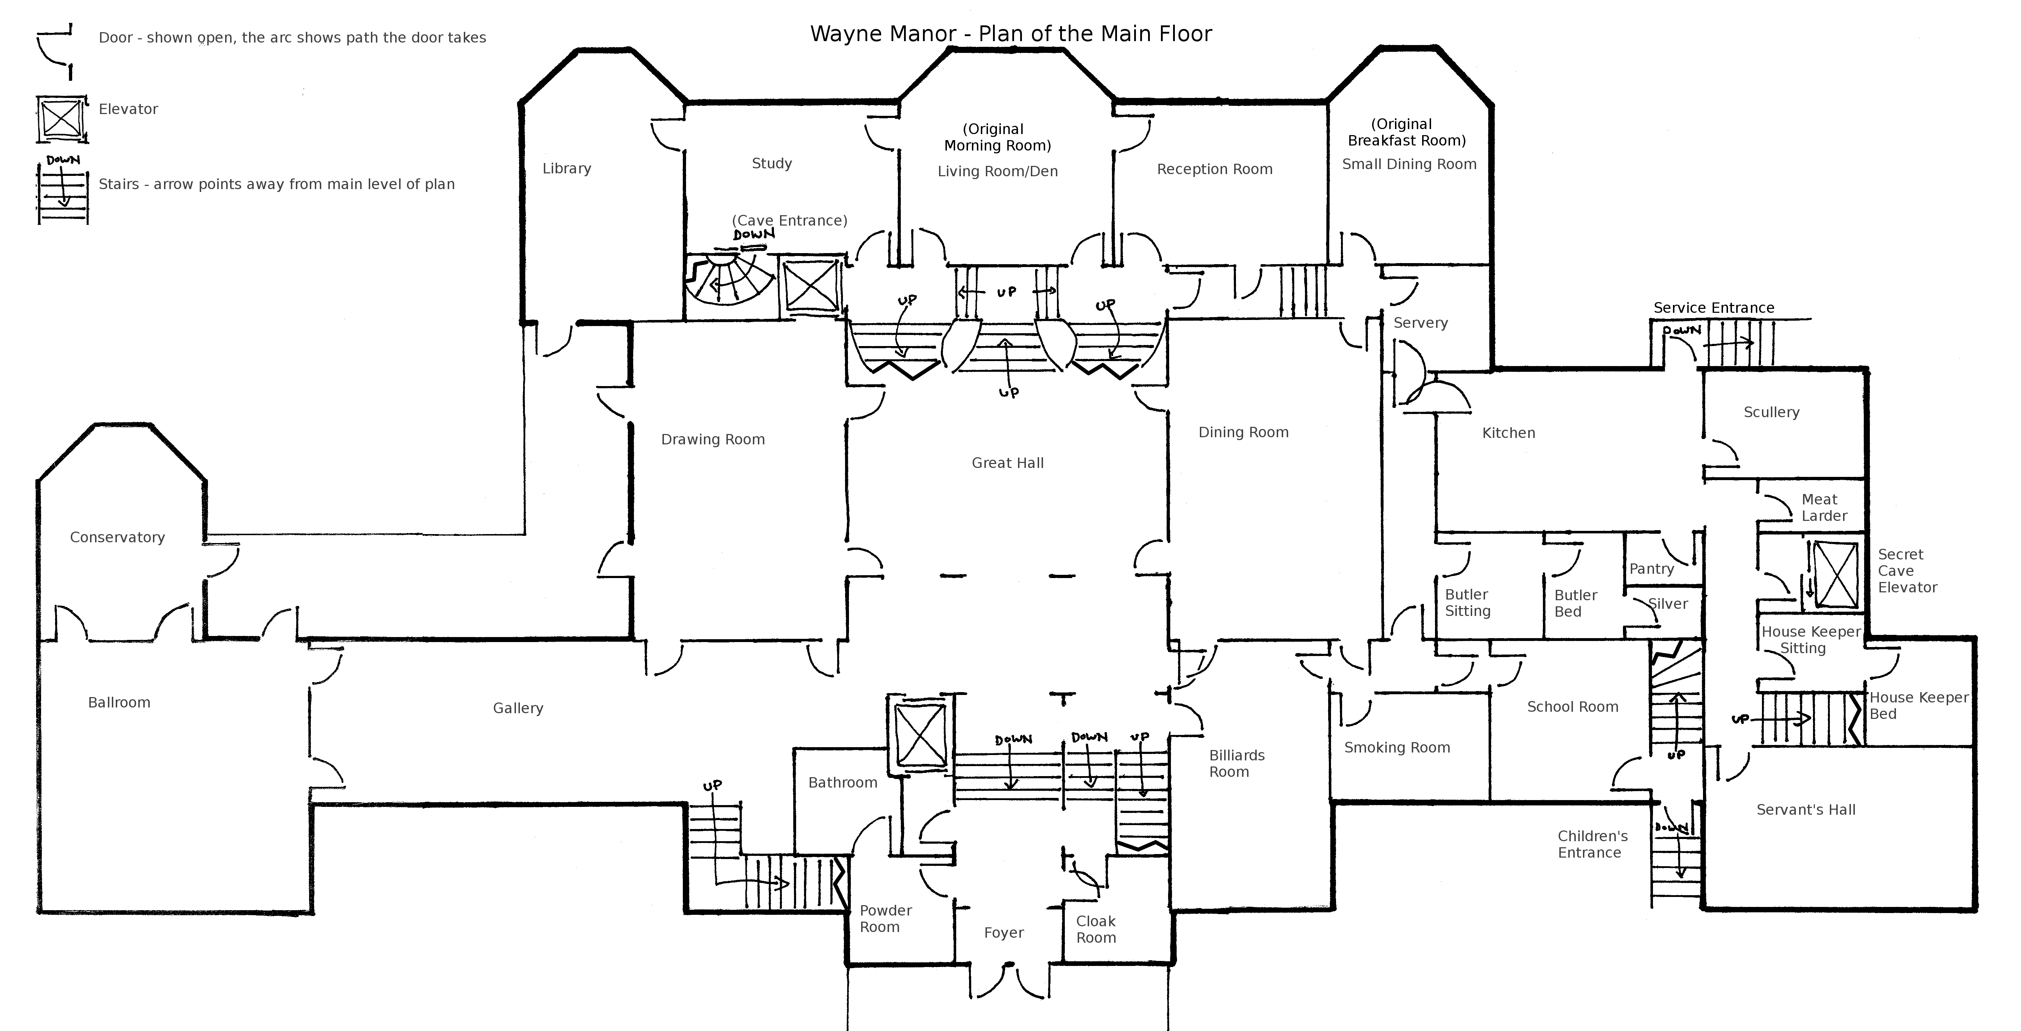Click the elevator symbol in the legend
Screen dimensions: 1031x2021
pos(61,120)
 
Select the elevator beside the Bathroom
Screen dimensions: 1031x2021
pos(920,735)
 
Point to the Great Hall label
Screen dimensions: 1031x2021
pos(1007,463)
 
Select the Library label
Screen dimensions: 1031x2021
pos(566,169)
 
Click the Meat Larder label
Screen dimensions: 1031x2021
pos(1823,508)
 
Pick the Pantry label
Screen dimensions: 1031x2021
pos(1652,569)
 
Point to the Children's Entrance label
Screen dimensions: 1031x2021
pos(1592,844)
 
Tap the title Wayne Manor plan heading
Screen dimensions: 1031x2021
pos(1010,34)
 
